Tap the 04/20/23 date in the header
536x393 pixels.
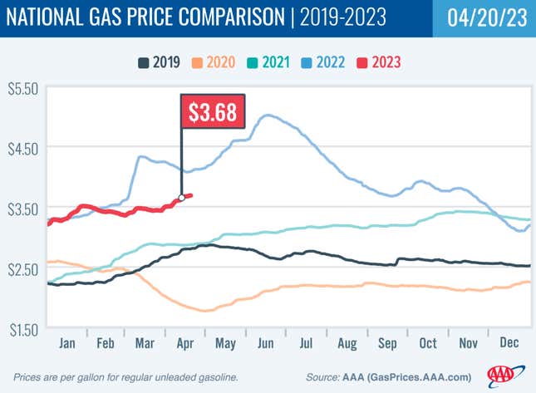tap(484, 18)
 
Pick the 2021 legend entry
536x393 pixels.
tap(269, 62)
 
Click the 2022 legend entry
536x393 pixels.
tap(325, 62)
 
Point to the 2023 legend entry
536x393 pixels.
tap(381, 62)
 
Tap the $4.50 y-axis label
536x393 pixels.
tap(22, 147)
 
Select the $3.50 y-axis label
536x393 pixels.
tap(22, 208)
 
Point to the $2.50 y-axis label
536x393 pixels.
tap(22, 268)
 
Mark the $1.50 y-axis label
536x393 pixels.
tap(22, 329)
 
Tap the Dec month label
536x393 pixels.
tap(509, 342)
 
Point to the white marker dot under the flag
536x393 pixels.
tap(181, 198)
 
